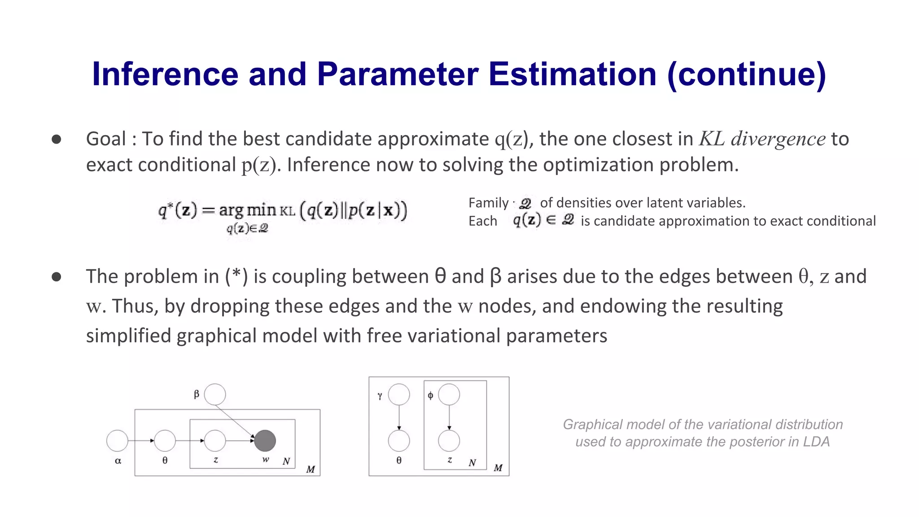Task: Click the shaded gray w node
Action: pos(265,441)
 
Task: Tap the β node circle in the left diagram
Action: pos(215,394)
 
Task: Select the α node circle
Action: pos(117,441)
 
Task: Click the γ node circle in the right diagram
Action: pos(399,394)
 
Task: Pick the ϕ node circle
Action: pos(449,394)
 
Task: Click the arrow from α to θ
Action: pos(141,441)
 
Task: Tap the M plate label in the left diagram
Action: pos(311,469)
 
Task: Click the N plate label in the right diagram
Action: pos(472,463)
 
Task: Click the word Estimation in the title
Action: pos(572,74)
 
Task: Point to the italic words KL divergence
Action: pos(762,139)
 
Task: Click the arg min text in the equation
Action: pos(247,210)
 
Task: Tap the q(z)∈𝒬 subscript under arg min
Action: pos(247,228)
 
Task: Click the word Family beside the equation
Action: pos(488,203)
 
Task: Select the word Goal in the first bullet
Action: pos(106,139)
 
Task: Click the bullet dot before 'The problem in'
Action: pos(57,276)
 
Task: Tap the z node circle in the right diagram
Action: pos(449,441)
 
